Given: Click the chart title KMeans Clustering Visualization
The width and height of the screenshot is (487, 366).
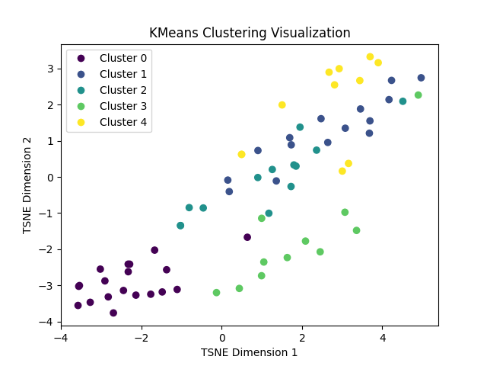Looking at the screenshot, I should pyautogui.click(x=250, y=34).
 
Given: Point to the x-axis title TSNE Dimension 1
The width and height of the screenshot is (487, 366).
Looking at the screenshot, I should pyautogui.click(x=250, y=352).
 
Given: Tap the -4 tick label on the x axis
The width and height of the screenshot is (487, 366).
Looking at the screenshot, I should pyautogui.click(x=61, y=338).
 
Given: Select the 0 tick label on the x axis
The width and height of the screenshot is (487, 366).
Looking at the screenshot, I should pyautogui.click(x=222, y=338).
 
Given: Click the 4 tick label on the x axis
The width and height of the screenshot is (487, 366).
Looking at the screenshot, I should pyautogui.click(x=383, y=338).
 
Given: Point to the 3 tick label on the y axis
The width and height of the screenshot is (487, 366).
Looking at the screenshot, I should pyautogui.click(x=49, y=69).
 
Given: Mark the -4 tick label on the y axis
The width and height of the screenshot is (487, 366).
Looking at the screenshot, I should pyautogui.click(x=46, y=322).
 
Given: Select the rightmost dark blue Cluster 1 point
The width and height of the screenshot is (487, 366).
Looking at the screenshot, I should pyautogui.click(x=421, y=78).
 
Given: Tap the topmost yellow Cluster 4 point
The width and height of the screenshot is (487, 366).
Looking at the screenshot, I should pyautogui.click(x=370, y=57).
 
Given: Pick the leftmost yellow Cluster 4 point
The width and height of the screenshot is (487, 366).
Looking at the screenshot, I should pyautogui.click(x=242, y=155).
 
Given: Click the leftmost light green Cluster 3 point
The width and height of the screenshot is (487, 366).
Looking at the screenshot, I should pyautogui.click(x=216, y=293).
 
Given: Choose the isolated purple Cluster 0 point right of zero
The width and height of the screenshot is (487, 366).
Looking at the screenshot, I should pyautogui.click(x=247, y=237).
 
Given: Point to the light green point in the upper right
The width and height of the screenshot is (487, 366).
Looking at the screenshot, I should pyautogui.click(x=418, y=95).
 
